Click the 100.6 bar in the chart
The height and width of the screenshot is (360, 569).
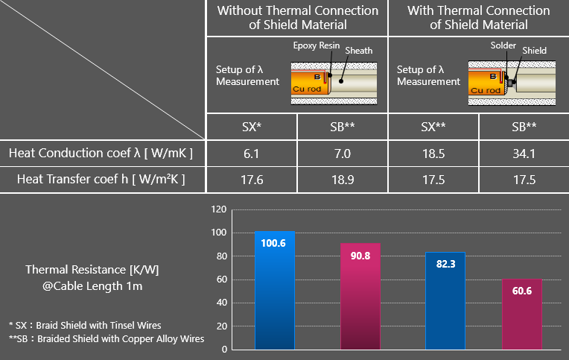(274, 291)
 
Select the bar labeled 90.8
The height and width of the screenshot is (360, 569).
(360, 297)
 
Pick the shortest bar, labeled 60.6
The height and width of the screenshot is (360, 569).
(521, 314)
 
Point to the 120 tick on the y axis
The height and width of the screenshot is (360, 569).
(218, 210)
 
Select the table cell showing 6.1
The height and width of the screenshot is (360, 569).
(251, 154)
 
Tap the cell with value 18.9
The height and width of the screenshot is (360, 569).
(342, 179)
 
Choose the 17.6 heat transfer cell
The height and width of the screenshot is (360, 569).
(251, 179)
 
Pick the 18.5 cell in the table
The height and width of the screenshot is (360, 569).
(433, 154)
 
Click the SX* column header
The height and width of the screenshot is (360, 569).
(251, 127)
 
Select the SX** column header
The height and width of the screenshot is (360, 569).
(433, 127)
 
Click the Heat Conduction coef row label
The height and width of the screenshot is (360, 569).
(101, 154)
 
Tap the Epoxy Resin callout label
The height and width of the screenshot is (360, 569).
(316, 45)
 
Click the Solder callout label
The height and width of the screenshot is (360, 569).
(503, 45)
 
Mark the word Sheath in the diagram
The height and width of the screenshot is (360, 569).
(359, 51)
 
